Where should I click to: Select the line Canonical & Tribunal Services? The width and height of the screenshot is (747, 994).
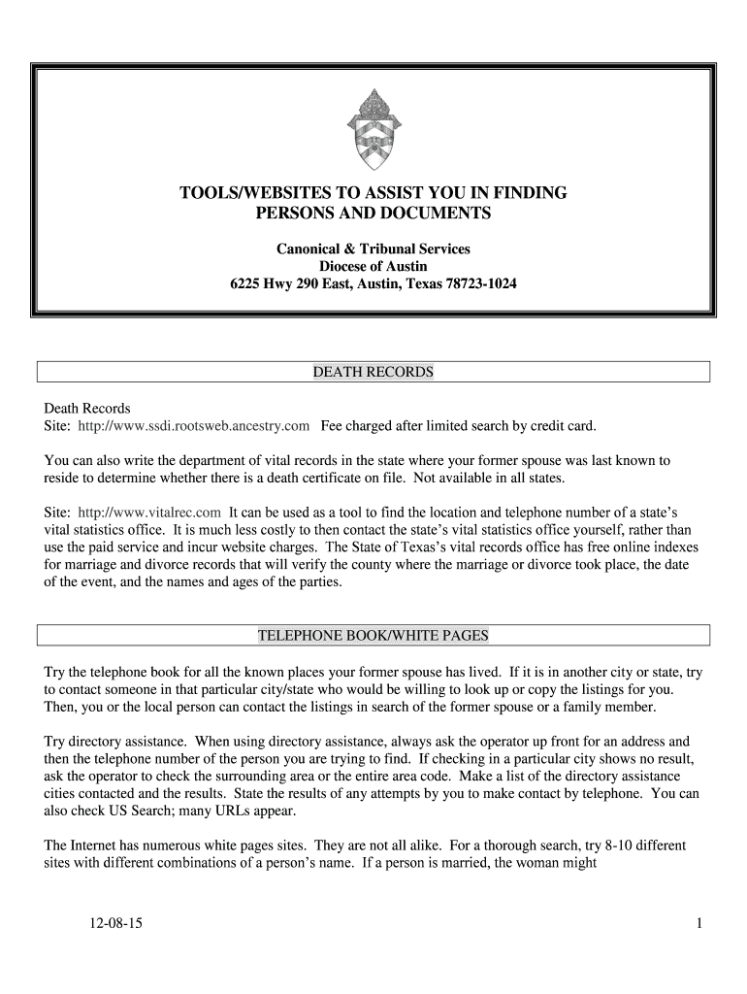point(373,249)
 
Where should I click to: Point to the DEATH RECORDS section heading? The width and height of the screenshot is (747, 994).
point(373,372)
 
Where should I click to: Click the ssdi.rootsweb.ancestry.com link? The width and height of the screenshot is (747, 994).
point(194,425)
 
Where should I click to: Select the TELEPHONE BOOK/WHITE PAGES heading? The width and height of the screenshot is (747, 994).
point(373,636)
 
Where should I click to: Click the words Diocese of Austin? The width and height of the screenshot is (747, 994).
point(373,267)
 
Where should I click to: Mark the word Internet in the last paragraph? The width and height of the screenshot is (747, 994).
point(97,845)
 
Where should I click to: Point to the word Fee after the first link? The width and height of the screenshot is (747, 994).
point(333,425)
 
